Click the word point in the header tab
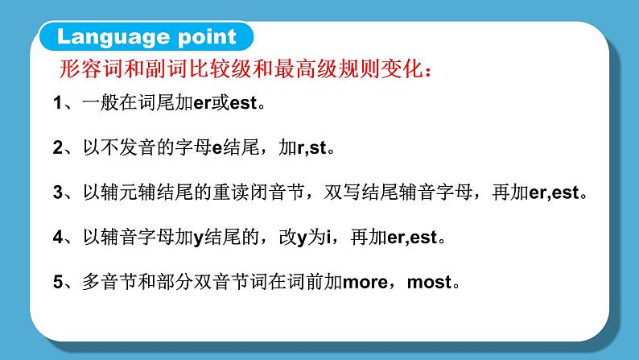(x=207, y=37)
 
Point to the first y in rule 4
(x=199, y=239)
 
